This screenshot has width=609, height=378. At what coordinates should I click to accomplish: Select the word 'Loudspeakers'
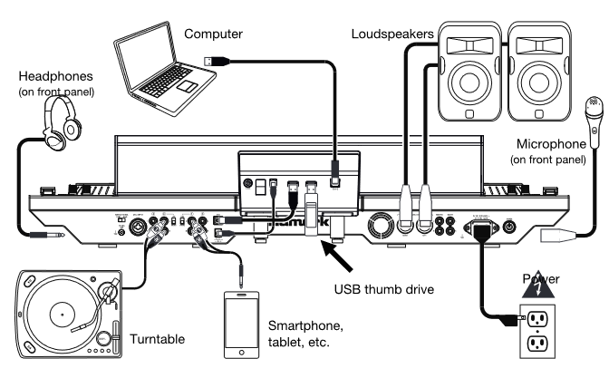(390, 34)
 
